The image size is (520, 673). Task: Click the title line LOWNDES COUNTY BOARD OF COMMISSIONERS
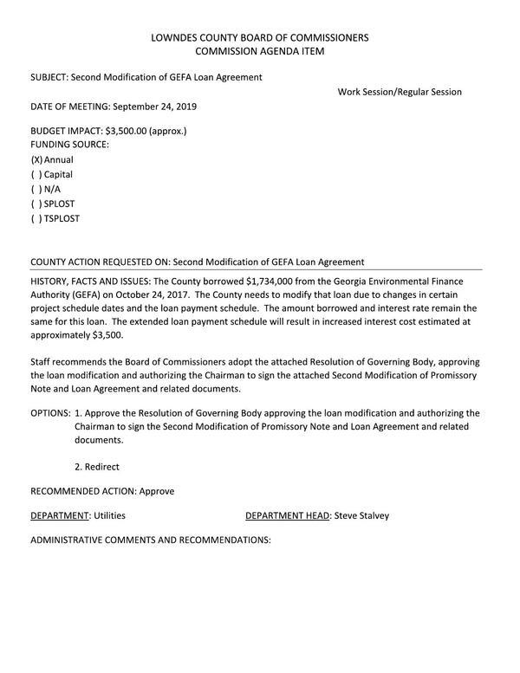tap(259, 37)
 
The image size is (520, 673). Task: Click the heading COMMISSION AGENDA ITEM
tap(259, 52)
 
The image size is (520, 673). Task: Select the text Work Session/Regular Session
tap(400, 92)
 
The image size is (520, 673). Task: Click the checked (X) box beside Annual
tap(36, 160)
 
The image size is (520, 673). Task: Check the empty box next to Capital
tap(36, 175)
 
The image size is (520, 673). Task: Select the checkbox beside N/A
tap(36, 190)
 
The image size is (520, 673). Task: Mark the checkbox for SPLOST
tap(36, 204)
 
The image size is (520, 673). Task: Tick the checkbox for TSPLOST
tap(36, 219)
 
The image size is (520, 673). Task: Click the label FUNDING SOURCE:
tap(70, 145)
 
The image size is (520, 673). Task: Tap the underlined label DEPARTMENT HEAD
tap(287, 515)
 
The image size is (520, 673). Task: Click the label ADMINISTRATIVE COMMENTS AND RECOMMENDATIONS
tap(151, 540)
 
